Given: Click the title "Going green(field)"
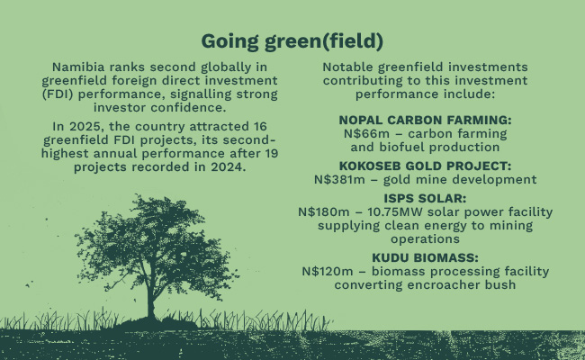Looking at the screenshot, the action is [x=292, y=41].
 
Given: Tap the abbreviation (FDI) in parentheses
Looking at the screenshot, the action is [x=58, y=94].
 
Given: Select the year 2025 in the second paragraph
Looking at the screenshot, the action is [x=85, y=127].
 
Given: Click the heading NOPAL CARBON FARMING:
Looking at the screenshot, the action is [x=426, y=120].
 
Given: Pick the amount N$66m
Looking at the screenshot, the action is [x=366, y=133].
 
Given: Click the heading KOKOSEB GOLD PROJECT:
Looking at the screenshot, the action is [x=426, y=166].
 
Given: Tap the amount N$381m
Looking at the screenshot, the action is [x=339, y=179].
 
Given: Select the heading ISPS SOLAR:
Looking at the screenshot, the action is [x=426, y=199].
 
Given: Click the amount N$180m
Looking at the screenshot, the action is [x=324, y=211].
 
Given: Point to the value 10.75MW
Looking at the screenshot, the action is [x=395, y=211].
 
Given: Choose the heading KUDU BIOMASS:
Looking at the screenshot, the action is [x=426, y=257].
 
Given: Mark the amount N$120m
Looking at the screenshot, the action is [x=328, y=271].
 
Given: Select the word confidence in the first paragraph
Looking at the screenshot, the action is [x=188, y=107].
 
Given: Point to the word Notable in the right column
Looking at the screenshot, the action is [x=348, y=67].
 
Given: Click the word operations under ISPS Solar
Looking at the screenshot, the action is [x=426, y=239].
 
